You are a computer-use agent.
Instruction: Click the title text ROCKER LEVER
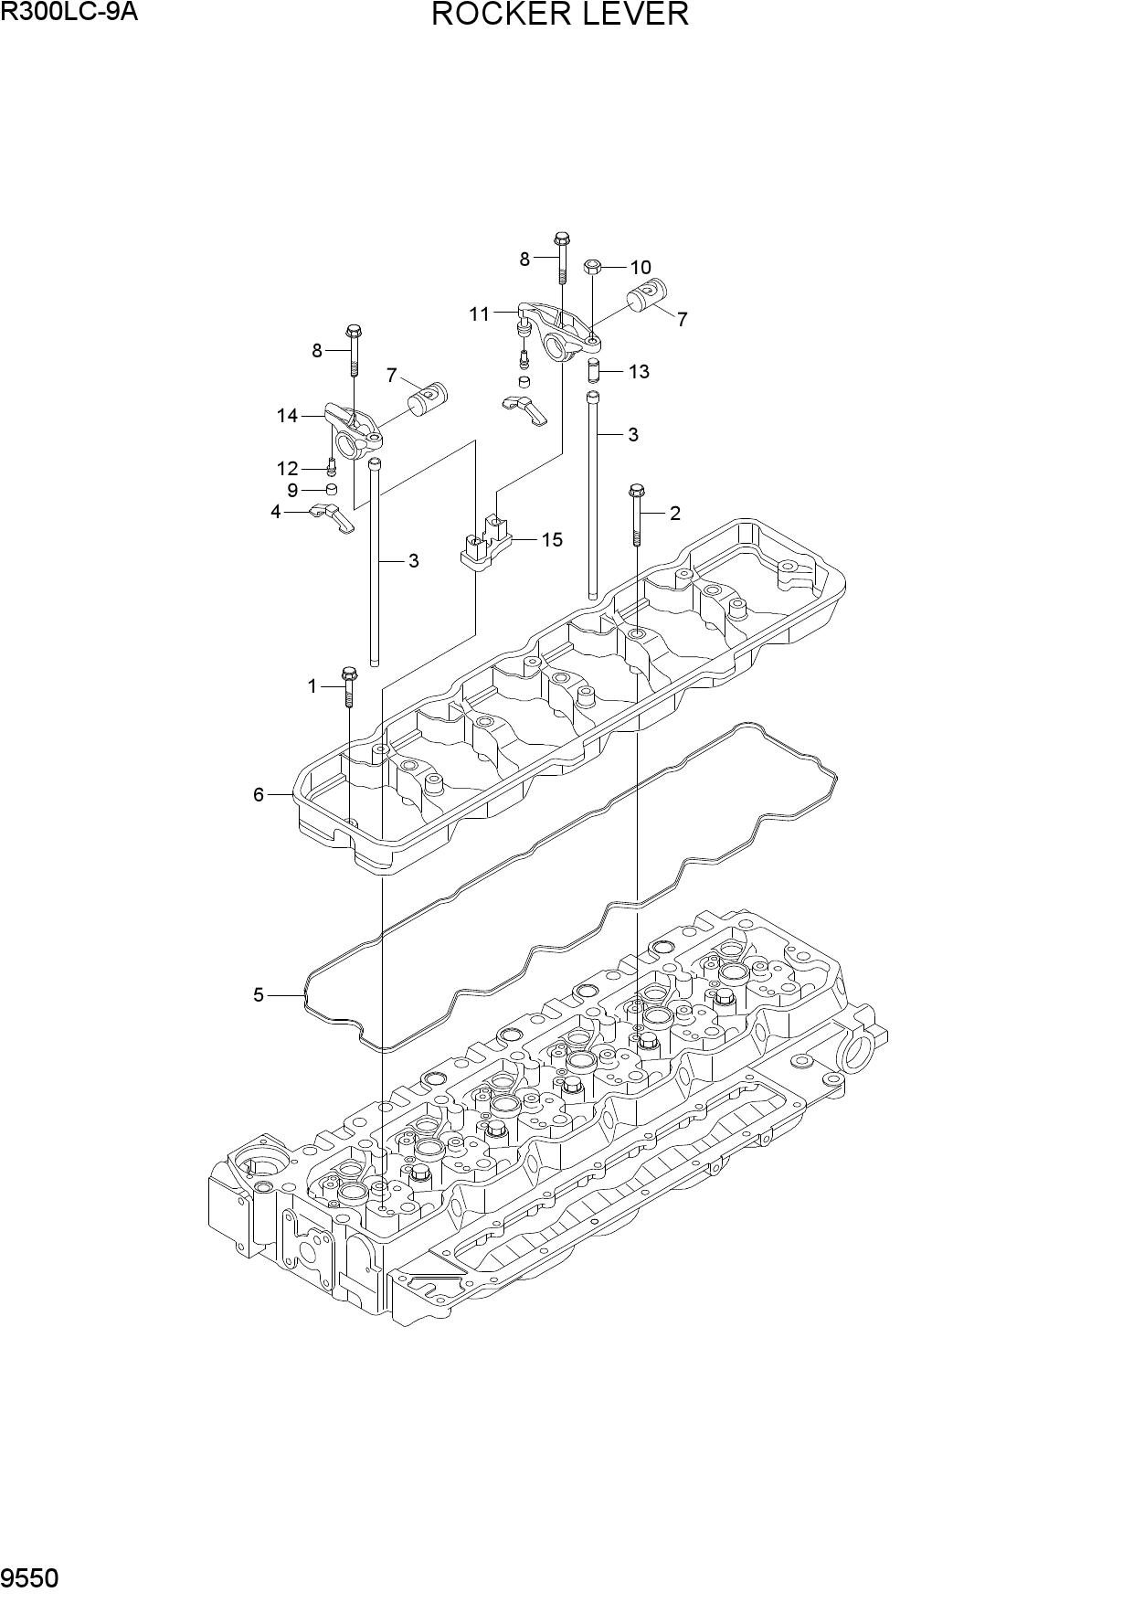(x=559, y=15)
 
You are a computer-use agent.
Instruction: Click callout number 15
(x=552, y=539)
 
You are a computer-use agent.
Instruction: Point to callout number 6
(x=259, y=794)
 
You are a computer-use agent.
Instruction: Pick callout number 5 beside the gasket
(x=259, y=994)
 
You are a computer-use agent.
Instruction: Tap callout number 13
(x=639, y=371)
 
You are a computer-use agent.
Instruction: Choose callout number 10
(x=641, y=268)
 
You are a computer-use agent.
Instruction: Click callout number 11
(x=480, y=314)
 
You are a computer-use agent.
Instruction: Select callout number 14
(x=288, y=416)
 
